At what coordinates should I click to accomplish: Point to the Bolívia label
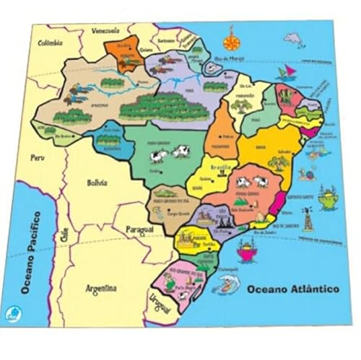coord(96,183)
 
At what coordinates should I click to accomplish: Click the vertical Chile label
coord(64,234)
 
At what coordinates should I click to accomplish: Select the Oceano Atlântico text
coord(292,289)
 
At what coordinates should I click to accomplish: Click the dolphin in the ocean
coord(293,39)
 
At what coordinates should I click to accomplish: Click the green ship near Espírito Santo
coord(328,196)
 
